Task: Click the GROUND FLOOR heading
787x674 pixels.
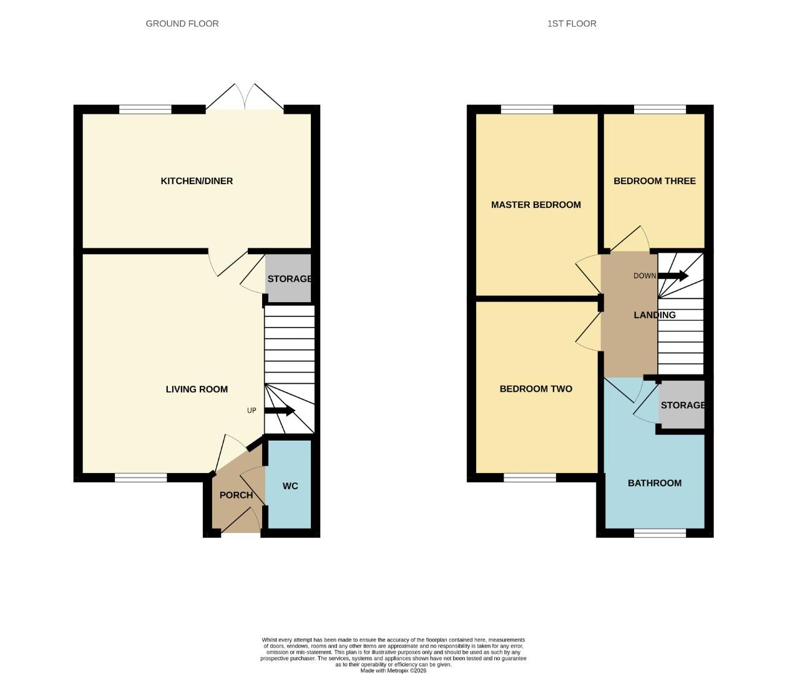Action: tap(182, 24)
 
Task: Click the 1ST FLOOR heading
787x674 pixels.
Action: tap(571, 24)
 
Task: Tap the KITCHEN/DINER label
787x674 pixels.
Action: tap(197, 181)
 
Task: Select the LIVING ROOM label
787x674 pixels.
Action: tap(197, 389)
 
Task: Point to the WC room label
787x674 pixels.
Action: tap(290, 486)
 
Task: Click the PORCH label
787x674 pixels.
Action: tap(236, 496)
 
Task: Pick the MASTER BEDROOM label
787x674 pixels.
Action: tap(535, 205)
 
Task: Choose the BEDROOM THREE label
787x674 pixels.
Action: tap(654, 181)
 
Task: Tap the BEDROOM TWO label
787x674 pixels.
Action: tap(535, 389)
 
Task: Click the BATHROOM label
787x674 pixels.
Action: tap(654, 483)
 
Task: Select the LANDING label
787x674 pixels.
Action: tap(654, 315)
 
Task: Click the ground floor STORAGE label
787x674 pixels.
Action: tap(289, 279)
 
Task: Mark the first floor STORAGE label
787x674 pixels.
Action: tap(682, 406)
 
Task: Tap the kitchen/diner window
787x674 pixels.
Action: tap(145, 110)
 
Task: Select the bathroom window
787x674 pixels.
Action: tap(660, 533)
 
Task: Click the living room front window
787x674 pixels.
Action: tap(140, 478)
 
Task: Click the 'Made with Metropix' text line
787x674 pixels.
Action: tap(393, 671)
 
